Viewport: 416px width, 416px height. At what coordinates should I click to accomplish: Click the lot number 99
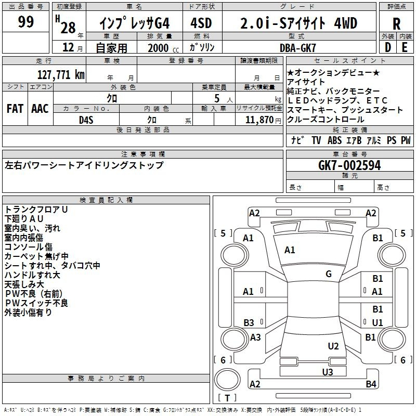tap(25, 22)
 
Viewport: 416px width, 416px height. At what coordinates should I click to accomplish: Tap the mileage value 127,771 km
tap(61, 74)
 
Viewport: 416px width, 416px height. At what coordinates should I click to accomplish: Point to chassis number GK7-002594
tap(349, 165)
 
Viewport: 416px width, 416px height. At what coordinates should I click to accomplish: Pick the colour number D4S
tap(86, 120)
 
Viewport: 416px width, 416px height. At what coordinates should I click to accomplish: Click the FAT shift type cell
tap(15, 109)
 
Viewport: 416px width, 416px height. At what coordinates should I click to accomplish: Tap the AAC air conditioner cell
tap(40, 109)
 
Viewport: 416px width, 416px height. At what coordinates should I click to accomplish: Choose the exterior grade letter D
tap(387, 47)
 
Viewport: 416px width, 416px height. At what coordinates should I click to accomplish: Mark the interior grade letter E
tap(405, 47)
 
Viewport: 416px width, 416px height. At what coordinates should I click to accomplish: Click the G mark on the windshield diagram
tap(328, 274)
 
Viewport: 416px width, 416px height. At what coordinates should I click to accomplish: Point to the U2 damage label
tap(333, 346)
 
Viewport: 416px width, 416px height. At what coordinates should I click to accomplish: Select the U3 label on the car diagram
tap(327, 372)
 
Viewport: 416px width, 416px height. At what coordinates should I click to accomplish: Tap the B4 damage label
tap(371, 384)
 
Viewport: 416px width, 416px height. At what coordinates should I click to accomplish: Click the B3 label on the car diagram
tap(249, 322)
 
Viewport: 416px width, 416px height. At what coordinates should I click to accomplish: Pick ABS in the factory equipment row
tap(334, 140)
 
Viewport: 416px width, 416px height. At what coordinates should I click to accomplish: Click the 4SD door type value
tap(202, 23)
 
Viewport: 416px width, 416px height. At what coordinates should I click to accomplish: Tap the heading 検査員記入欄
tap(106, 200)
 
